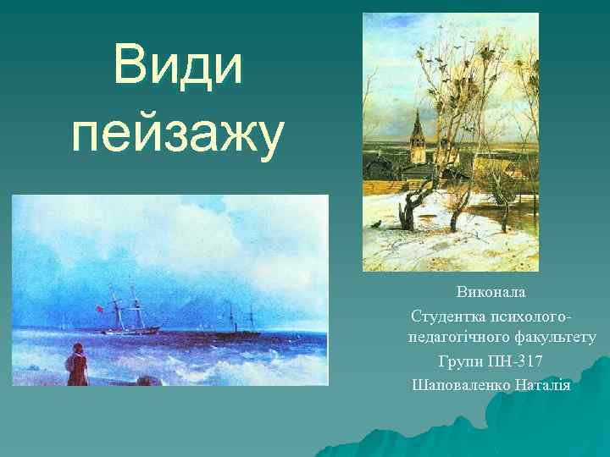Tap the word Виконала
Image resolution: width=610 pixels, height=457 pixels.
tap(491, 292)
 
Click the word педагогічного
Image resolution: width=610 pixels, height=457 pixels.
tap(457, 337)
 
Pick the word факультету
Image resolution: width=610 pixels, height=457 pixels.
tap(552, 337)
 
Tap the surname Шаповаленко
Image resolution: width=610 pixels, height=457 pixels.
tap(461, 385)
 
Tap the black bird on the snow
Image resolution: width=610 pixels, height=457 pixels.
tap(372, 224)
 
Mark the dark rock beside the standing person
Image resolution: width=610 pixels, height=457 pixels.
tap(148, 380)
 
